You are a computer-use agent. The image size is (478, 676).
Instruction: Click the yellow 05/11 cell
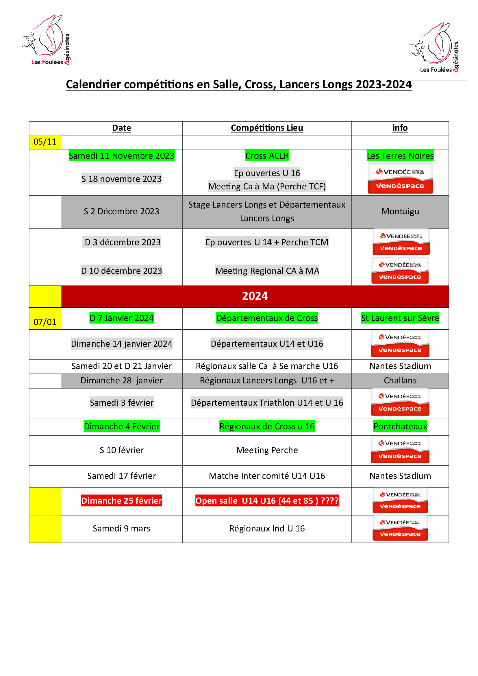(45, 142)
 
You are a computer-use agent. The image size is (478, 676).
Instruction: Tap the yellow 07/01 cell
(45, 322)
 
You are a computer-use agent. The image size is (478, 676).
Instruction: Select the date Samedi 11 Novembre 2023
(121, 156)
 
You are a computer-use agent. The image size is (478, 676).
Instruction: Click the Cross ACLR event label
(267, 156)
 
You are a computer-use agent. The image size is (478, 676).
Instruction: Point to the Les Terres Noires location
(400, 156)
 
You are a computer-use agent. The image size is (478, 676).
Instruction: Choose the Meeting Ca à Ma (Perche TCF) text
(267, 186)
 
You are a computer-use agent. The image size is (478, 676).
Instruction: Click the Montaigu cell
(400, 211)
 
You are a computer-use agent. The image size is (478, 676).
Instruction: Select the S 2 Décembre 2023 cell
(121, 211)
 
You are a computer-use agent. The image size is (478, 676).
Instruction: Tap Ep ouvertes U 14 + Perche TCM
(267, 242)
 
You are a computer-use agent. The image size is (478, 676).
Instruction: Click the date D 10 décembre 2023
(121, 271)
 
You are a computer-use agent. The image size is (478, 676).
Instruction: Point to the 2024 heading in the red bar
(255, 296)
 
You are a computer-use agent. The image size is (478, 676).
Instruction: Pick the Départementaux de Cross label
(267, 318)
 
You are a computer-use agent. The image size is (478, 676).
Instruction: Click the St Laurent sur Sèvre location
(400, 318)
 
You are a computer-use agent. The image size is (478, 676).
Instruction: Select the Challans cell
(400, 381)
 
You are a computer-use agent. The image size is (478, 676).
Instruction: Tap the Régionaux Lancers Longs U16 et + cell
(267, 381)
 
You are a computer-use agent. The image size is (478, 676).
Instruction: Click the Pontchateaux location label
(400, 426)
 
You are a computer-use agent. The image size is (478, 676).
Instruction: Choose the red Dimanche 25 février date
(121, 500)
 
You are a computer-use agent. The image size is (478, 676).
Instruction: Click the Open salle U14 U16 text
(267, 500)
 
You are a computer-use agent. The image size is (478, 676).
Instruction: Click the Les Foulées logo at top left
(46, 40)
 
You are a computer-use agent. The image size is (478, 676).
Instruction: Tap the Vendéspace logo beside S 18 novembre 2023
(400, 178)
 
